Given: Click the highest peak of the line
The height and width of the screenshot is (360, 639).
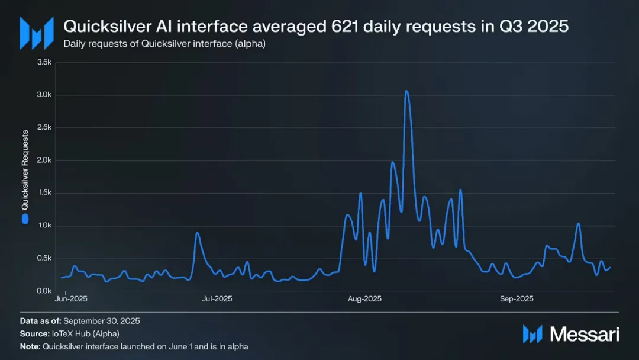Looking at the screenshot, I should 406,91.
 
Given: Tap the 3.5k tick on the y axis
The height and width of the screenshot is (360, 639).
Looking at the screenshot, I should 44,62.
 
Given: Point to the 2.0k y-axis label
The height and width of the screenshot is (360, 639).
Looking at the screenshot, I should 44,160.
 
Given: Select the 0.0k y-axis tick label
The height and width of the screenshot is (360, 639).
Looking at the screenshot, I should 44,291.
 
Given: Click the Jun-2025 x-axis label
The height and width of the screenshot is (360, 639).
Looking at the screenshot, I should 71,299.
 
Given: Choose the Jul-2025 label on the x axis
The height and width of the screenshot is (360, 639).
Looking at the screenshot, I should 217,299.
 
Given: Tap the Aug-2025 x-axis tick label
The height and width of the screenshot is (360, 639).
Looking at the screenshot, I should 364,299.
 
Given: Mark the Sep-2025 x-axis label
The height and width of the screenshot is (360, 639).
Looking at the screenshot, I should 517,299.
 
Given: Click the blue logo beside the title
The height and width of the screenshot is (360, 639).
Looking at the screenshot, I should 33,33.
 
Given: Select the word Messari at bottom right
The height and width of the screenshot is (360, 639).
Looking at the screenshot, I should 585,334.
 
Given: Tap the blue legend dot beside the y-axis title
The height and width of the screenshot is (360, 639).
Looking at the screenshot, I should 25,218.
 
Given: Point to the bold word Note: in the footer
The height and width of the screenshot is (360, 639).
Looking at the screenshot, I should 30,346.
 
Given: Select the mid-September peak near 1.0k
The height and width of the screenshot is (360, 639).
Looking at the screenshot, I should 578,224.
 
